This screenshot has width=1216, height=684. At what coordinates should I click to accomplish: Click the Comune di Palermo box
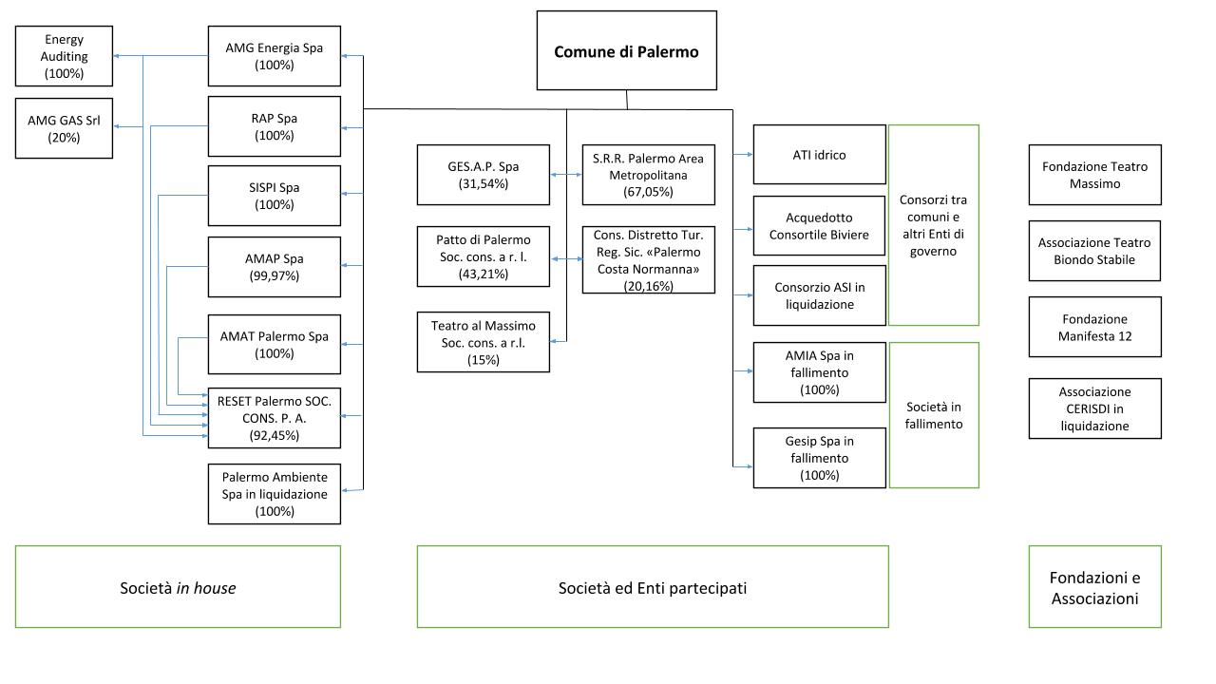[x=626, y=51]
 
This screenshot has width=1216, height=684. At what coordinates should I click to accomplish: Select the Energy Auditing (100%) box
[x=65, y=56]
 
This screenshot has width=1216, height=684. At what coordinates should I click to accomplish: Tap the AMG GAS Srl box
[x=65, y=129]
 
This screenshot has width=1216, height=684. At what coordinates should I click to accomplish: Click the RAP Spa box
[x=275, y=126]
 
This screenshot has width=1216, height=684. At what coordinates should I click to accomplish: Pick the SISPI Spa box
[x=275, y=196]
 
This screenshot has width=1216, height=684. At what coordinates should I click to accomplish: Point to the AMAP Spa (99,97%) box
[x=275, y=267]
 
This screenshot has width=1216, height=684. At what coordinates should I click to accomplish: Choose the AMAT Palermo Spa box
[x=275, y=345]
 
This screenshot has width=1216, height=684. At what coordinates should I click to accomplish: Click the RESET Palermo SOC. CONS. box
[x=275, y=418]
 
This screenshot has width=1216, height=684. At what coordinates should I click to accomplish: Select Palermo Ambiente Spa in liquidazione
[x=275, y=494]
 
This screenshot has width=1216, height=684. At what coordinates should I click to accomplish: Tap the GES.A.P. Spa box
[x=483, y=175]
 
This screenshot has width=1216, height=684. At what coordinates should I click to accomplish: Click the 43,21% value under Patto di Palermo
[x=483, y=274]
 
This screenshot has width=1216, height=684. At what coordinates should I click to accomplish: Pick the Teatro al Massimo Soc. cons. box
[x=483, y=343]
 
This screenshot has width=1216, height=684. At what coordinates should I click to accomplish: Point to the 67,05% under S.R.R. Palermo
[x=648, y=192]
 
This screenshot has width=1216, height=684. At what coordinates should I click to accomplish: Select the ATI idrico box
[x=819, y=155]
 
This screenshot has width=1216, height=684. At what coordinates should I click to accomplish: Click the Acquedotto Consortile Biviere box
[x=819, y=226]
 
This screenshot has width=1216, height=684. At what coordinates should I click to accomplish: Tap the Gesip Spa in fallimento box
[x=819, y=458]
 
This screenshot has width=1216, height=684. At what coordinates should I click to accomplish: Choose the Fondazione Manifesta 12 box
[x=1094, y=328]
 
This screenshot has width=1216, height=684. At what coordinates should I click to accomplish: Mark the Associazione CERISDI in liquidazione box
[x=1094, y=408]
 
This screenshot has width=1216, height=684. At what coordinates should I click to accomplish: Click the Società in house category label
[x=178, y=588]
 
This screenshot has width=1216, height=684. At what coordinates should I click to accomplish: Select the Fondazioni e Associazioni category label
[x=1094, y=588]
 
